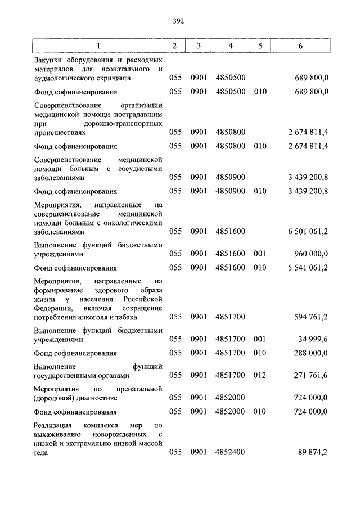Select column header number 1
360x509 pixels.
[98, 46]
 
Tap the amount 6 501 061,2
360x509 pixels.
[307, 231]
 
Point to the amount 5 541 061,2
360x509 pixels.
[307, 267]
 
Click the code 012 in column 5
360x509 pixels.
[259, 375]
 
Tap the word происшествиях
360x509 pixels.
[60, 133]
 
